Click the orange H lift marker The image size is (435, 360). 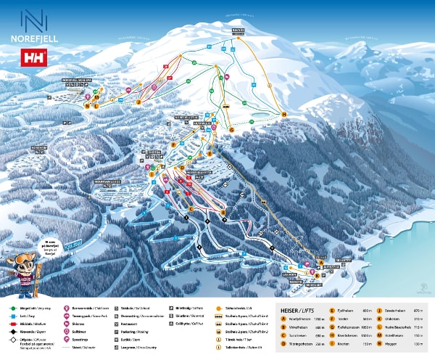tap(284, 115)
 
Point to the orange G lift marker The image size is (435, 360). tap(232, 129)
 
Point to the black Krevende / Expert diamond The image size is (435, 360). tap(13, 319)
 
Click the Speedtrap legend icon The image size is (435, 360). tap(67, 338)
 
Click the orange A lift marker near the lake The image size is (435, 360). tap(320, 262)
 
